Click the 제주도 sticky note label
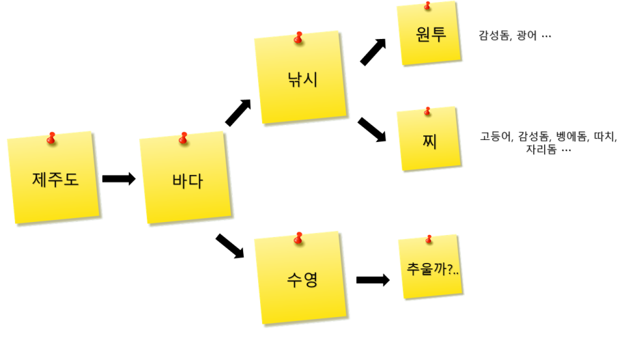click(x=55, y=180)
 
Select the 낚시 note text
click(x=302, y=79)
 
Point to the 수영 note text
click(x=302, y=279)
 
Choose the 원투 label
click(x=431, y=35)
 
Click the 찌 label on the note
click(x=429, y=142)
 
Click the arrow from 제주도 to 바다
click(x=119, y=179)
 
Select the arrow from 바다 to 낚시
click(x=238, y=113)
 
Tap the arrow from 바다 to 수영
click(x=230, y=246)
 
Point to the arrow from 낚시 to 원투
click(x=373, y=52)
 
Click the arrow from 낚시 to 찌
click(x=372, y=129)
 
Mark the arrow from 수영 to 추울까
click(x=373, y=279)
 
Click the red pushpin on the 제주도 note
click(x=51, y=139)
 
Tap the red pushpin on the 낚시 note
click(x=298, y=38)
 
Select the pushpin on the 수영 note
click(x=298, y=238)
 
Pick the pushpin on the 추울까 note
click(x=429, y=239)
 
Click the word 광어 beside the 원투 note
click(x=528, y=36)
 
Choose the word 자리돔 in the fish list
click(x=541, y=149)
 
